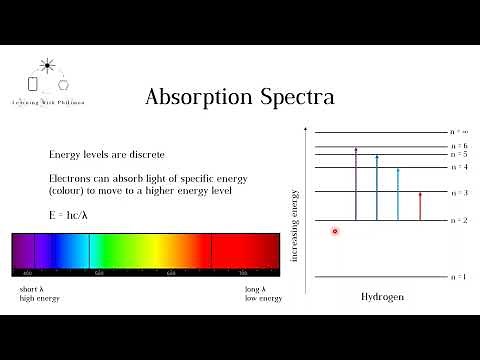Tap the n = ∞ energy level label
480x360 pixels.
click(x=459, y=131)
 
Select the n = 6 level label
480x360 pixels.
click(x=459, y=147)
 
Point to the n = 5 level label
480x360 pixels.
click(x=459, y=155)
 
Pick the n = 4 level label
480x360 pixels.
click(x=459, y=167)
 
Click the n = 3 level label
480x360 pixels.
click(x=459, y=192)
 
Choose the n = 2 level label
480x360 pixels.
click(x=459, y=220)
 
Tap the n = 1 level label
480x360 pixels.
click(x=459, y=276)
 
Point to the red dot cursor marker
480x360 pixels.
click(x=335, y=231)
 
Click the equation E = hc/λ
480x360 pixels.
click(x=69, y=214)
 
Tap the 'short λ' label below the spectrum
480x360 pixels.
click(x=30, y=289)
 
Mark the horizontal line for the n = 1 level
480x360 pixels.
click(x=380, y=277)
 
